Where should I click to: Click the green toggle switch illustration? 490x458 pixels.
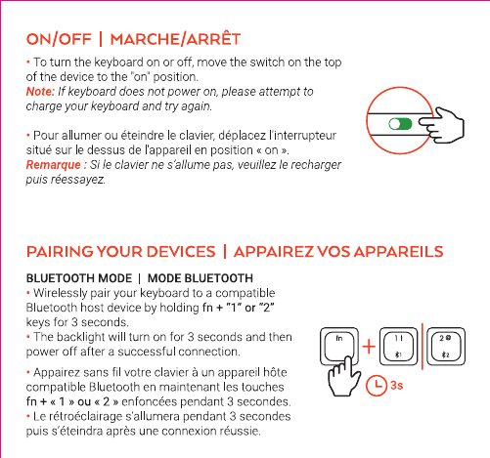pos(400,124)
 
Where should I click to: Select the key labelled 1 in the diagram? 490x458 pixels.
pos(398,346)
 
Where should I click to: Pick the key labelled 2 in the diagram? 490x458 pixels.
pos(446,346)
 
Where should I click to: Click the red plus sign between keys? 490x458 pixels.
pos(369,347)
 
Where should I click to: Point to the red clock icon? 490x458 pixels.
pos(377,386)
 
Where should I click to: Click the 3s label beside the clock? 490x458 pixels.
pos(397,386)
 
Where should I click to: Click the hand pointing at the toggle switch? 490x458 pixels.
pos(442,125)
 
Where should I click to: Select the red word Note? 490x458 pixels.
pos(40,92)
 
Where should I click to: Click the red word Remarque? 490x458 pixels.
pos(53,165)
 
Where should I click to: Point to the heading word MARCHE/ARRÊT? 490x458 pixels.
pos(175,39)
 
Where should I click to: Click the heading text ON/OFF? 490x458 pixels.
pos(59,39)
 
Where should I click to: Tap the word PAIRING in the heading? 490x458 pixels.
pos(60,252)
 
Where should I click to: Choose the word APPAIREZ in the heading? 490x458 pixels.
pos(274,252)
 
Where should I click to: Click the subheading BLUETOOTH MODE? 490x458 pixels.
pos(79,278)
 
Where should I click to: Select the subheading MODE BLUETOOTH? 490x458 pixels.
pos(200,278)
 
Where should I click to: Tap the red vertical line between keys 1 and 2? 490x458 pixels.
pos(423,347)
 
